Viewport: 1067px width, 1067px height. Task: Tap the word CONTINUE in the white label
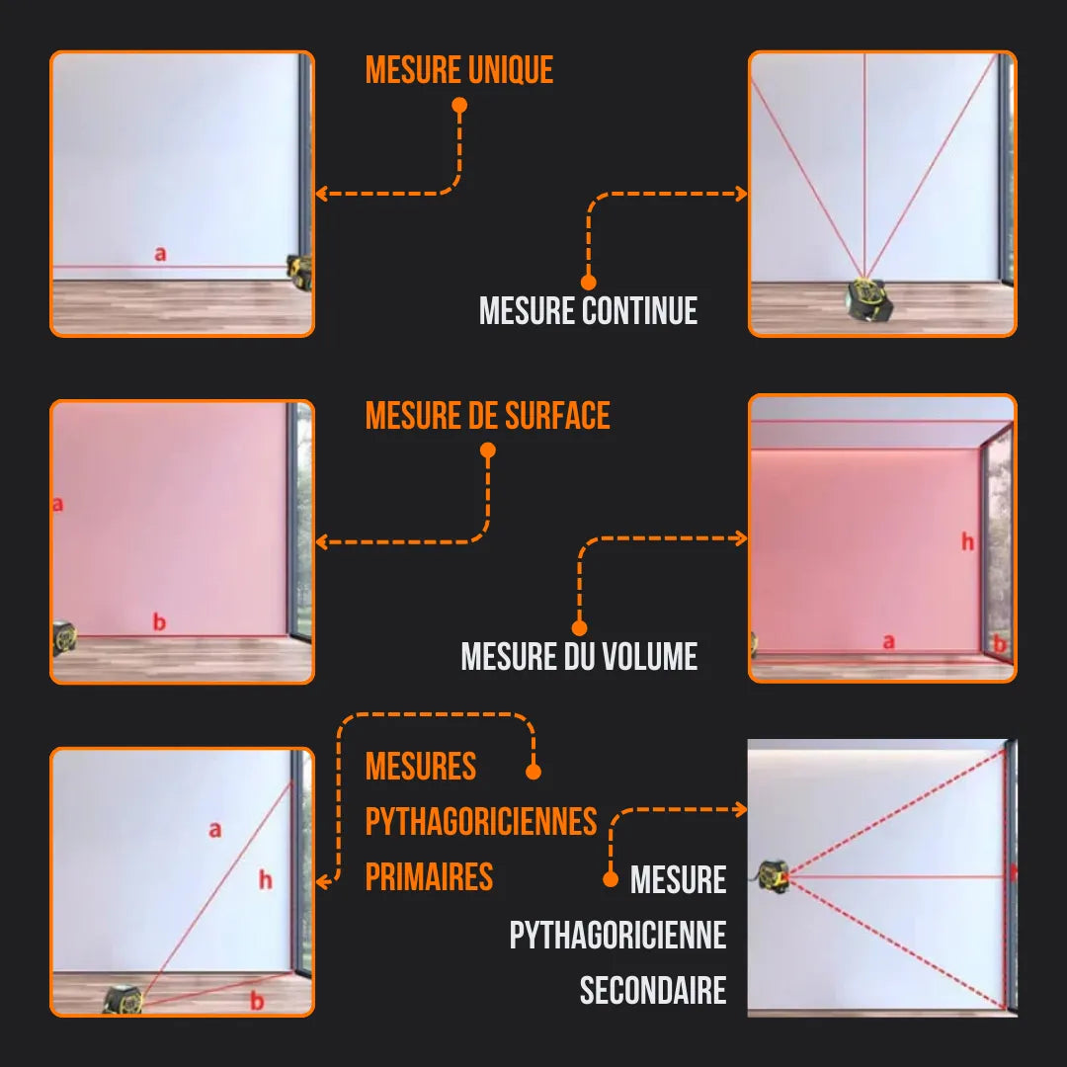[639, 310]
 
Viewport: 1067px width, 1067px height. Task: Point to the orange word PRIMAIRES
[429, 876]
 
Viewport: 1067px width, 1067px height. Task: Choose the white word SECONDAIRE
[653, 991]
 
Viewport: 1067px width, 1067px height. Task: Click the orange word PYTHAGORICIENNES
[481, 821]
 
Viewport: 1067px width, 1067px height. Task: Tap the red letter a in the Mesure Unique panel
[160, 254]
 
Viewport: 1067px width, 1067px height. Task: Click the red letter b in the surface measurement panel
[159, 622]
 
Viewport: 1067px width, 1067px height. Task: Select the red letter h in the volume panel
[967, 541]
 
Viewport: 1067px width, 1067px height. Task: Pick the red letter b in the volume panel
[999, 644]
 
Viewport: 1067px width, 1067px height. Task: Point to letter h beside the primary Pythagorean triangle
[265, 879]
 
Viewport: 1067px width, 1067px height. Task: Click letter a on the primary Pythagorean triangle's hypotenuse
[215, 830]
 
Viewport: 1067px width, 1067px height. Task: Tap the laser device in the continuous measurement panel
[869, 298]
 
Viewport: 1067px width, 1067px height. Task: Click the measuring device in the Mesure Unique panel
[299, 271]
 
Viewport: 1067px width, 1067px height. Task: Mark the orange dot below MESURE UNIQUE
[459, 105]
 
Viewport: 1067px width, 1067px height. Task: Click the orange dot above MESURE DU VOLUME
[579, 627]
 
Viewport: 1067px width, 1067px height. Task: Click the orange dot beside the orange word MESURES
[533, 772]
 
